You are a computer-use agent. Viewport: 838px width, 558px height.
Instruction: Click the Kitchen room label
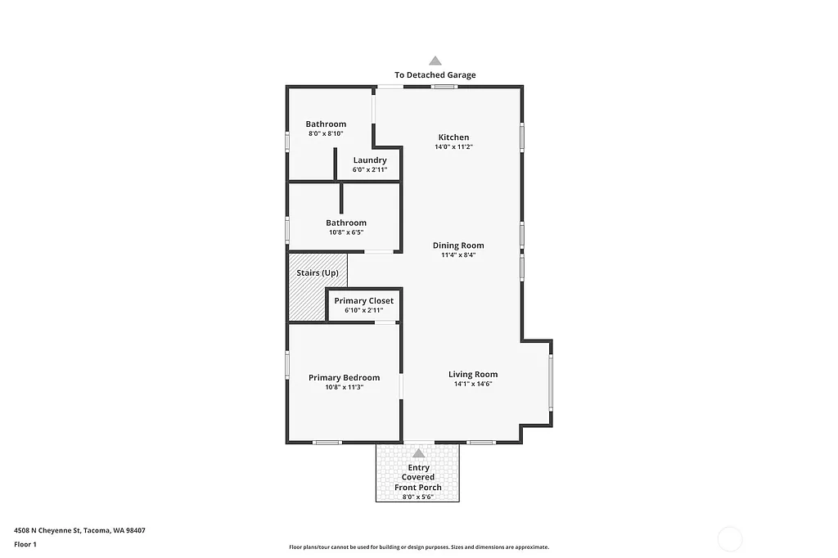tap(453, 137)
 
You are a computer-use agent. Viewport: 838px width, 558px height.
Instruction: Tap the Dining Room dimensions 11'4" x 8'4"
tap(458, 255)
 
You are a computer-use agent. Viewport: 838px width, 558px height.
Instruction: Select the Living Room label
tap(473, 375)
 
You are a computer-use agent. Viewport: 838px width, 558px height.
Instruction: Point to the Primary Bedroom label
tap(344, 377)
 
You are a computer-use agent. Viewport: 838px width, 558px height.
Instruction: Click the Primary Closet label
tap(363, 301)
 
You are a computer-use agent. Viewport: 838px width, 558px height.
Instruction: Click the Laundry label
tap(370, 160)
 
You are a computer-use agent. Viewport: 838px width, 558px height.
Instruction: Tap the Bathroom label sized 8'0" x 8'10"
tap(326, 124)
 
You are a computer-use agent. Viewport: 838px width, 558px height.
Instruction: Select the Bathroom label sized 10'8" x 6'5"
tap(346, 223)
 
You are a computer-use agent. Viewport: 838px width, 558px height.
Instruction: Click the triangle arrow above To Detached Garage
tap(435, 61)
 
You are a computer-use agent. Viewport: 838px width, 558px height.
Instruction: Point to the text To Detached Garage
tap(435, 75)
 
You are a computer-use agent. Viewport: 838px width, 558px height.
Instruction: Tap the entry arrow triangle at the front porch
tap(419, 453)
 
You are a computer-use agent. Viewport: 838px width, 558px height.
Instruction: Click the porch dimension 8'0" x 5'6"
tap(417, 497)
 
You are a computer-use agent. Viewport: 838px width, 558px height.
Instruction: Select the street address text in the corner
tap(79, 530)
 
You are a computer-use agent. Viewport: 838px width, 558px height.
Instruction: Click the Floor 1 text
tap(25, 544)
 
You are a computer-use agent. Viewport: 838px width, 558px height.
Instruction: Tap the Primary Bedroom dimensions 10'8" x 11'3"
tap(344, 388)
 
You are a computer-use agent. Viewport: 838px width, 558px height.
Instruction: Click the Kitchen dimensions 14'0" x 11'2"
tap(453, 147)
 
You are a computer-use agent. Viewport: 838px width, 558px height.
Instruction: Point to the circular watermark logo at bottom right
tap(729, 539)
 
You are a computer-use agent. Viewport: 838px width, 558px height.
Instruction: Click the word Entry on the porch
tap(418, 468)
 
